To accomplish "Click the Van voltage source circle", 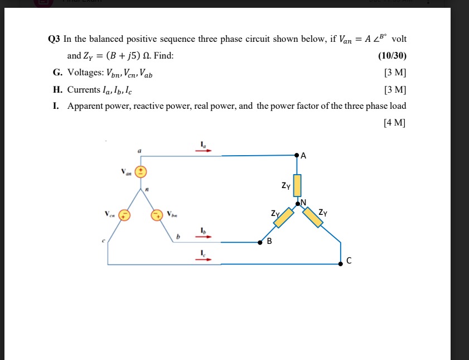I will (x=142, y=171).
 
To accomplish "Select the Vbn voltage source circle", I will (x=159, y=214).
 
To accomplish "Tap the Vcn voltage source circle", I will (x=125, y=214).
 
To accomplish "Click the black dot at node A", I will (x=297, y=156).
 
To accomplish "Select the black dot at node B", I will (x=260, y=242).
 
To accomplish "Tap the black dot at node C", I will (x=341, y=263).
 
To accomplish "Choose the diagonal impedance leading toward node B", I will (x=284, y=217).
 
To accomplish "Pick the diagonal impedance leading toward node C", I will (x=312, y=217).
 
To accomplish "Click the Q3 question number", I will (x=54, y=39).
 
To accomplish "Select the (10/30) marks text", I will (x=392, y=56).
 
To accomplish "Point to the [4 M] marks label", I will (x=395, y=123).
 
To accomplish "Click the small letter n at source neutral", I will (x=147, y=191).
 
